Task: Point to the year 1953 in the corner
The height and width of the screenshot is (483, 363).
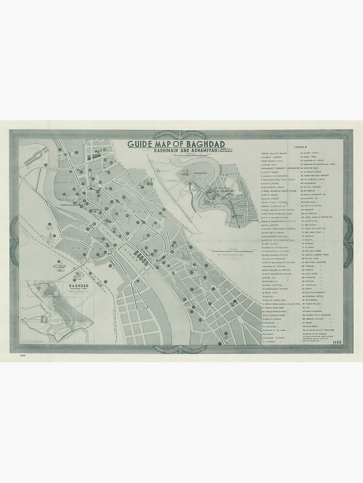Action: coord(338,342)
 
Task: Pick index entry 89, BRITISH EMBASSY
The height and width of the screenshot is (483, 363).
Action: coord(317,293)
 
